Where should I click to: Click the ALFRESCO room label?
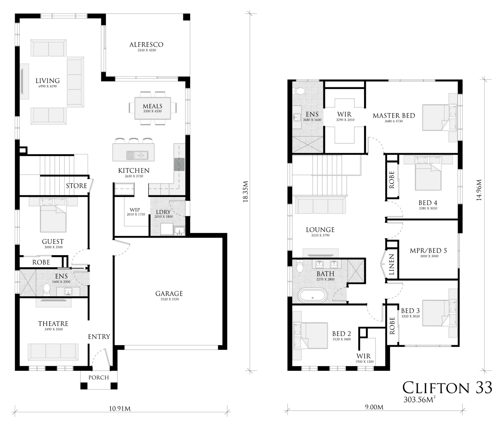tap(146, 45)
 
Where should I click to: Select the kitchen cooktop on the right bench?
tap(179, 164)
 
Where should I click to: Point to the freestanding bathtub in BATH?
tap(313, 295)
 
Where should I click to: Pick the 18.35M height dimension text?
tap(246, 191)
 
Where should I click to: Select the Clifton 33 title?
tap(447, 387)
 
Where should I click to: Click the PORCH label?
tap(99, 377)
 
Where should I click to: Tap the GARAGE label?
tap(169, 294)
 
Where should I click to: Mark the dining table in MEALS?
tap(153, 108)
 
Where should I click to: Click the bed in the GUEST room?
tap(53, 215)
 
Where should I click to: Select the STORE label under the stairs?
tap(77, 186)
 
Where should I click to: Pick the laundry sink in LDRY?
tap(179, 231)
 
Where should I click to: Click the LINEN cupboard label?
tap(392, 265)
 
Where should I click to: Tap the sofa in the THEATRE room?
tap(53, 352)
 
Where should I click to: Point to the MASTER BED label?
tap(394, 116)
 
